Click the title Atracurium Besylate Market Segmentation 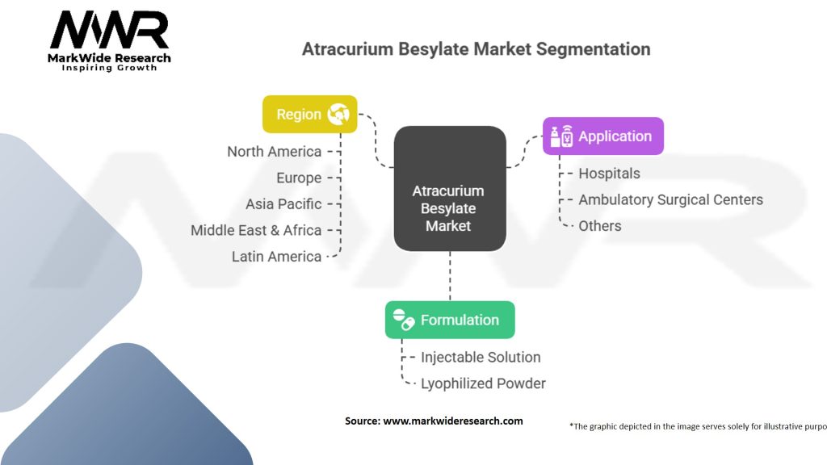476,48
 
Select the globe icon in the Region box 338,115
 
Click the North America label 274,152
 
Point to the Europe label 298,178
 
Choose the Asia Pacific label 283,204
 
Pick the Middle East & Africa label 256,230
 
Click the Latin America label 276,257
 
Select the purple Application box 603,136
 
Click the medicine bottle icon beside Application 560,136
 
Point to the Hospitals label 609,174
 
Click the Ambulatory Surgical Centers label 670,199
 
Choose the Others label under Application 599,226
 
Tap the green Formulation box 450,320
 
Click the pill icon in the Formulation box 404,320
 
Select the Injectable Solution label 481,357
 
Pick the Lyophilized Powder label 483,383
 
